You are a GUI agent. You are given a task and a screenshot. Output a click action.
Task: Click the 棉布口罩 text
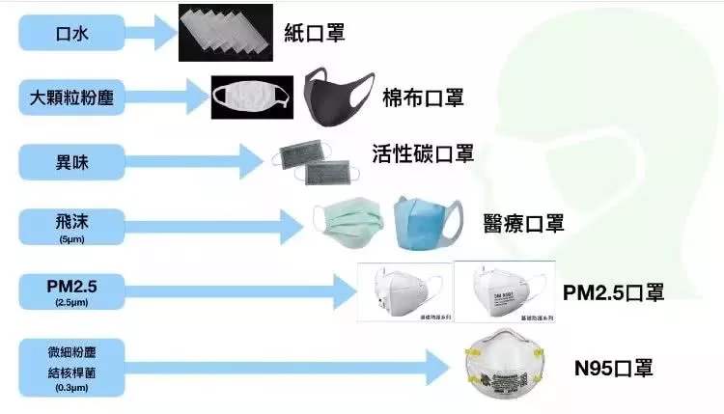click(x=426, y=97)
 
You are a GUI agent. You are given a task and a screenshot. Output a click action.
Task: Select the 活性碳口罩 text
click(x=423, y=154)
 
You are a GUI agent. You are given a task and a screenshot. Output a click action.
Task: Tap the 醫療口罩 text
click(x=524, y=223)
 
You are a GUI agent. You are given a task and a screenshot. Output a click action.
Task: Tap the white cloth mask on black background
click(x=253, y=97)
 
